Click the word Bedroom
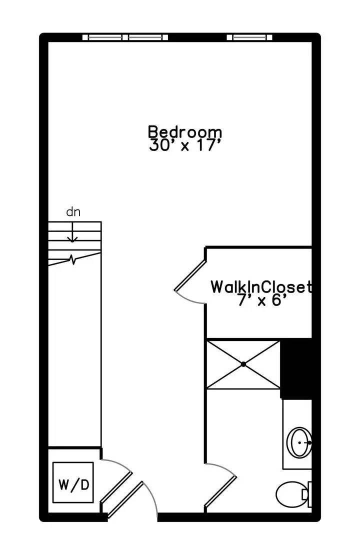pyautogui.click(x=185, y=132)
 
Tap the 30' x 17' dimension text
pyautogui.click(x=184, y=145)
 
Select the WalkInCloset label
pyautogui.click(x=261, y=287)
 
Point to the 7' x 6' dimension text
pyautogui.click(x=262, y=300)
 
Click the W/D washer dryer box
pyautogui.click(x=73, y=482)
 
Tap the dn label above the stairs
pyautogui.click(x=73, y=212)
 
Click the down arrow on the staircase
pyautogui.click(x=72, y=232)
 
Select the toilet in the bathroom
pyautogui.click(x=293, y=494)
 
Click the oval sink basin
pyautogui.click(x=299, y=442)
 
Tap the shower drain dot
pyautogui.click(x=243, y=364)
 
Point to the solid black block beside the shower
pyautogui.click(x=296, y=369)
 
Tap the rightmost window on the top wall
pyautogui.click(x=249, y=37)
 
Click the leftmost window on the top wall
pyautogui.click(x=105, y=37)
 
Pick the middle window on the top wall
pyautogui.click(x=148, y=37)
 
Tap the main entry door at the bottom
pyautogui.click(x=131, y=499)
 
